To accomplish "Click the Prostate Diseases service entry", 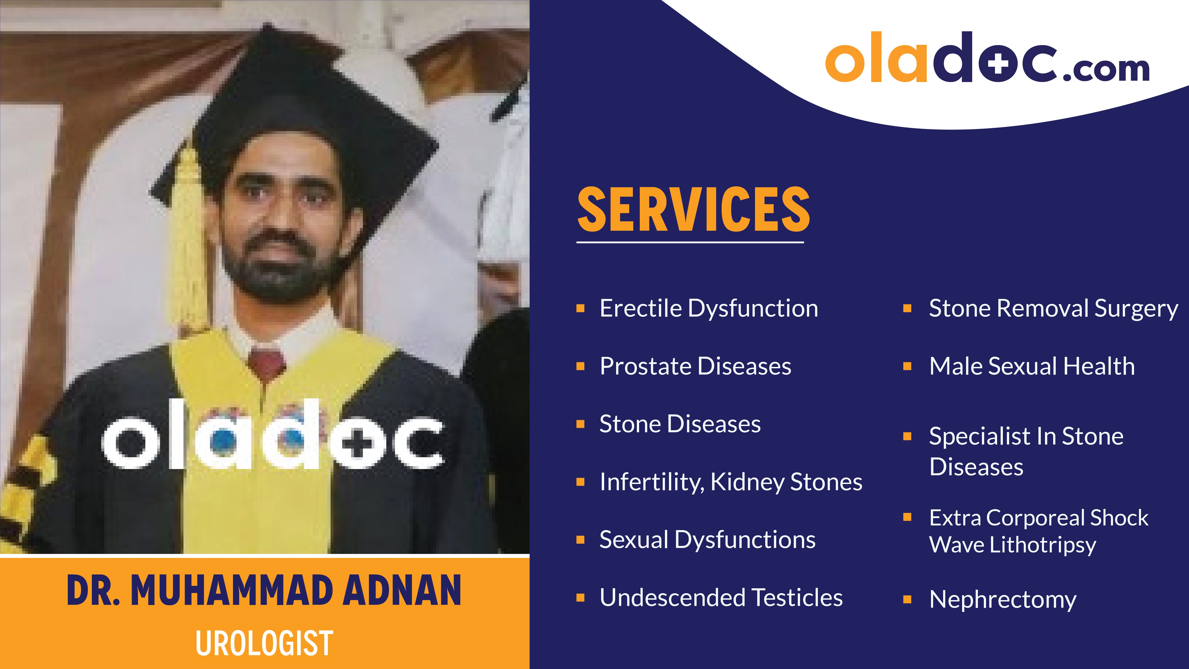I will [x=695, y=366].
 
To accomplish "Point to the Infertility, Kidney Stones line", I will [x=731, y=482].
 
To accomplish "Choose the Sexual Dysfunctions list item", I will [x=707, y=540].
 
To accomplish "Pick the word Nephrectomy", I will [x=1002, y=599].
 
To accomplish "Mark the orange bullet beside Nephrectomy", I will [x=907, y=599].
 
